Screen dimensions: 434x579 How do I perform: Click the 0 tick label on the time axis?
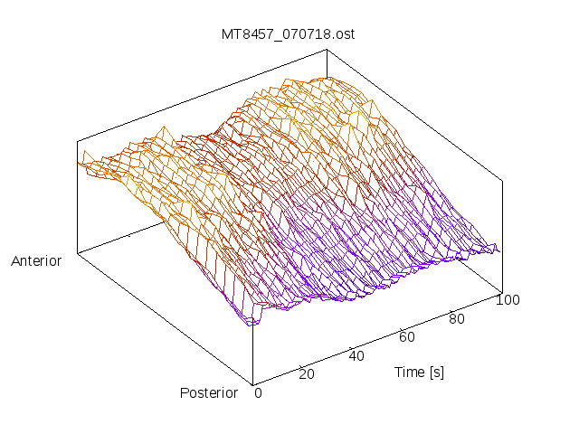click(x=258, y=392)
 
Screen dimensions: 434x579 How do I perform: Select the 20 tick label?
click(x=306, y=374)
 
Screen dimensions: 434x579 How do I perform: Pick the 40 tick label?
click(x=356, y=355)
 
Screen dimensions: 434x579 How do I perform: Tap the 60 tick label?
click(x=407, y=337)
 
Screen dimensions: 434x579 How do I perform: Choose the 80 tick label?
click(x=458, y=318)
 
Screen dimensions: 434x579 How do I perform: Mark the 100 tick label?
click(x=508, y=300)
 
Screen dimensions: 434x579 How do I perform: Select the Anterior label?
click(x=36, y=261)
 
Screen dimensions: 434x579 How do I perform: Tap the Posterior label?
click(x=209, y=392)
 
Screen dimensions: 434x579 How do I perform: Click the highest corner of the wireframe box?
click(x=327, y=51)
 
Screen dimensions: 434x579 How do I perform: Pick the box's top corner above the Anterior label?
click(x=77, y=142)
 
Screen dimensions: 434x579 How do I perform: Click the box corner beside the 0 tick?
click(x=252, y=384)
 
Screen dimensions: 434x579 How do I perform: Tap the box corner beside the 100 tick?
click(x=501, y=292)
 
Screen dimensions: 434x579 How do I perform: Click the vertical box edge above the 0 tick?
click(x=252, y=344)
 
